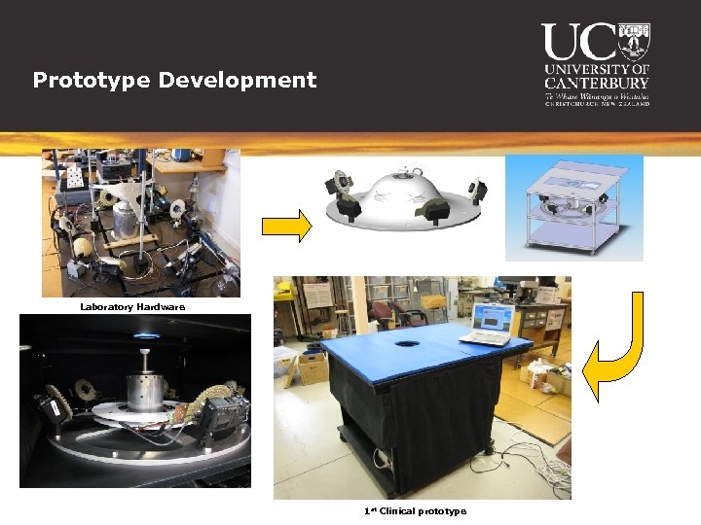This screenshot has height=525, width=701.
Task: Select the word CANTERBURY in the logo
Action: [x=597, y=83]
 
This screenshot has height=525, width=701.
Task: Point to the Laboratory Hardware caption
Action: [x=131, y=307]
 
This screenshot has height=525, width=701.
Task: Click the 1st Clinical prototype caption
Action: [x=415, y=511]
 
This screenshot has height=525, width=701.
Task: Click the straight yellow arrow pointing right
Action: [x=286, y=226]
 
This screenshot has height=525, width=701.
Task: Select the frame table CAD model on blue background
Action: [x=573, y=207]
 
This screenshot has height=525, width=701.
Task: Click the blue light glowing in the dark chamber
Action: [x=145, y=335]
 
